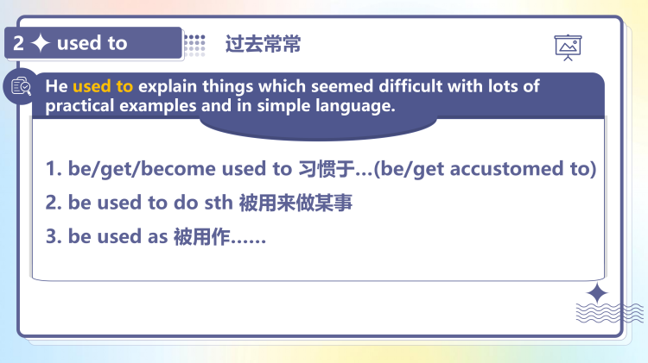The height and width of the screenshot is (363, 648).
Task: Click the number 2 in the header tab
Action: click(19, 43)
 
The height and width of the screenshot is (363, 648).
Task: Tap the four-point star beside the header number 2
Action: click(40, 43)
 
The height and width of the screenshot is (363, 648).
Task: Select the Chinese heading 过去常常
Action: click(263, 44)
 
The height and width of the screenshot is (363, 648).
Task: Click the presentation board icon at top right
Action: click(568, 47)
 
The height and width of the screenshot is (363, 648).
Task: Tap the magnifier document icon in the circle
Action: click(21, 86)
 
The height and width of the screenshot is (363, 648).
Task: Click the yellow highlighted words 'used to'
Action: click(103, 87)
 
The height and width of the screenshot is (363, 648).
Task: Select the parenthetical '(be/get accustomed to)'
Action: click(485, 168)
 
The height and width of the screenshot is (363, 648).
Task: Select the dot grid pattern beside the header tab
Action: click(195, 44)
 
